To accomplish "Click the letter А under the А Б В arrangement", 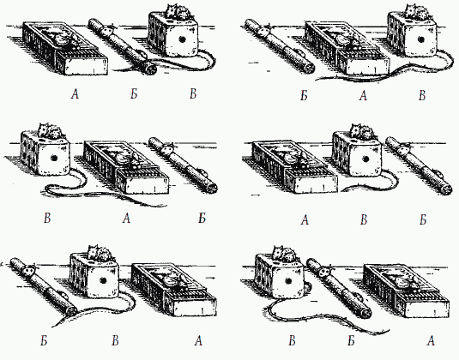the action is point(75,94).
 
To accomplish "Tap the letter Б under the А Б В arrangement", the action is point(134,94).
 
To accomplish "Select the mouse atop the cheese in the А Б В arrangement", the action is point(178,12).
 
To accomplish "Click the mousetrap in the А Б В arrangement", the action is point(65,47).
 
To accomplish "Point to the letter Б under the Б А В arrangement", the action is point(305,95).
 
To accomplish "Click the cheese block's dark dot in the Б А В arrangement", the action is point(420,39).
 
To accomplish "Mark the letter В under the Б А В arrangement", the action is point(422,95).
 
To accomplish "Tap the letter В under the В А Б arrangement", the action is point(47,218).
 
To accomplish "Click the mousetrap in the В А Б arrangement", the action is point(126,167).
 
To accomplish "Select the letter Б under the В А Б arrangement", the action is point(202,218).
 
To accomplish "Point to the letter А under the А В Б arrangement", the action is point(305,219).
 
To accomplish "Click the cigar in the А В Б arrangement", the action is point(419,165).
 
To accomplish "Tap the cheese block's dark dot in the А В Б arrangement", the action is point(365,159).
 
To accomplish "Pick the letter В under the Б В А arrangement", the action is point(115,340).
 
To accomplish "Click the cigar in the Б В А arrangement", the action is point(43,287).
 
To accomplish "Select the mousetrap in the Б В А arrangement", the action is point(174,290).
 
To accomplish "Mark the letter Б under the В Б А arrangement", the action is point(351,340).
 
